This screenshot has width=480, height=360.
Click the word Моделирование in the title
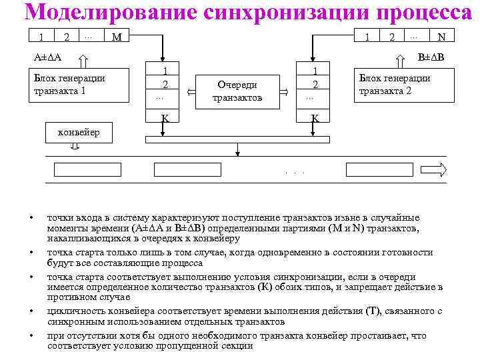point(100,13)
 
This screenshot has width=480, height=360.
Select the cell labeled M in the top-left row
point(117,37)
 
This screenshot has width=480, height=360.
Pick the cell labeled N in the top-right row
point(439,37)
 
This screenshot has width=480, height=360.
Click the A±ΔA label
point(48,57)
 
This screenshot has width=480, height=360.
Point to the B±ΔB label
point(431,57)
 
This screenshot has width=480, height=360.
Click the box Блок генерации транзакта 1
point(80,85)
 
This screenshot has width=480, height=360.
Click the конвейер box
point(79,132)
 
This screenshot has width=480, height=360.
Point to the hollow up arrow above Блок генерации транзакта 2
point(400,60)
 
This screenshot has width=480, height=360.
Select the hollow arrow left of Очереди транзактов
point(189,91)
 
